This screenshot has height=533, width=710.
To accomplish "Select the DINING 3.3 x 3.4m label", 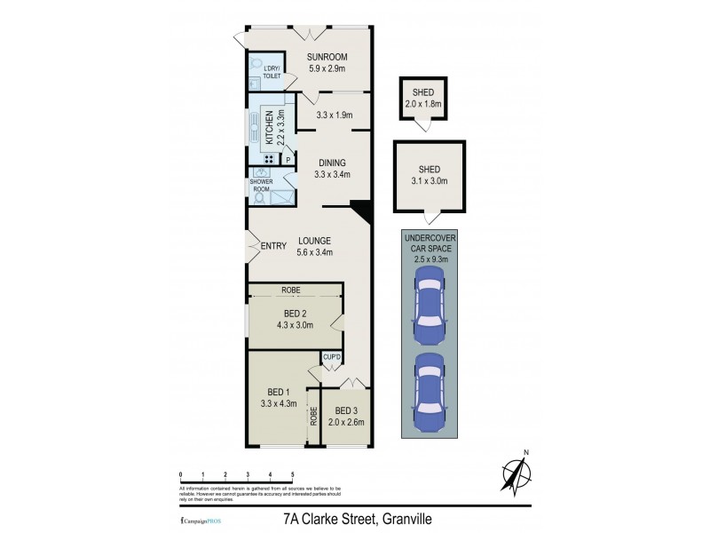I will (332, 169).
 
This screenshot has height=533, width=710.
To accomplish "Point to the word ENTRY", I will (272, 245).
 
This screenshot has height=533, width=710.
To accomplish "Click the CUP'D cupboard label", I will (320, 357).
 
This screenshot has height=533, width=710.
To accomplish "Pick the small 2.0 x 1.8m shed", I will (424, 98).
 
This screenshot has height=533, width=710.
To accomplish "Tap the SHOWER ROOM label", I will (262, 187).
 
